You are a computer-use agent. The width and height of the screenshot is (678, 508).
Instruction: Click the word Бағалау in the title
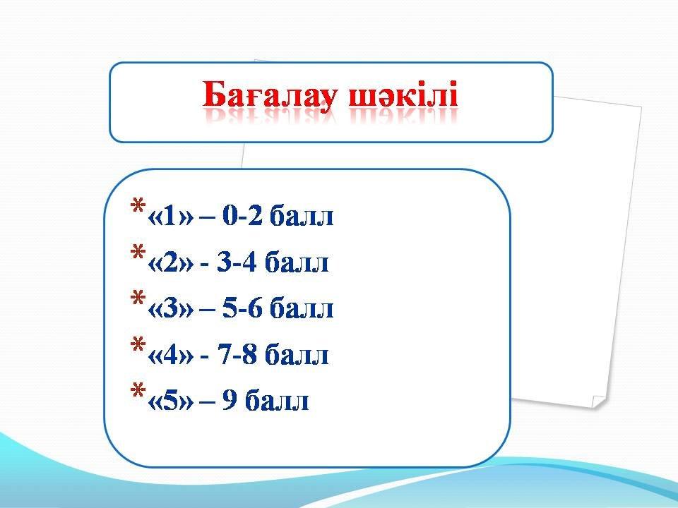coord(268,95)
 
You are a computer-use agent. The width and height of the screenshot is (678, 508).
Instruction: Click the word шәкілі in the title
coord(403,94)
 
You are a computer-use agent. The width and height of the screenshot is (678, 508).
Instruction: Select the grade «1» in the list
coord(170,216)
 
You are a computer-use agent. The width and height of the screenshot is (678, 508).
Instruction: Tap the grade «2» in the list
coord(170,262)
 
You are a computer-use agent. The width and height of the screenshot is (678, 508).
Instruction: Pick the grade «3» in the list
coord(170,308)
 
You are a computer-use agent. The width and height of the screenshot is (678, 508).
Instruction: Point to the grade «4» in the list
coord(170,355)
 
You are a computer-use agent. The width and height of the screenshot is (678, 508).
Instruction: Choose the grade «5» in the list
coord(170,401)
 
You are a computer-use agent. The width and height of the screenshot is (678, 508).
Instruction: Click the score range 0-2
coord(242,216)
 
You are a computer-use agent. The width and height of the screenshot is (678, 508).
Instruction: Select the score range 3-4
coord(237,262)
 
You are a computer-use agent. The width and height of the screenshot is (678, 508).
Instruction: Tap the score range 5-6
coord(242,308)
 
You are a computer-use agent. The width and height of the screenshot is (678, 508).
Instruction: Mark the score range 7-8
coord(237,355)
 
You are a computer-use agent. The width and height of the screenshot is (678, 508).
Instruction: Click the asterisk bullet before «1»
coord(138,205)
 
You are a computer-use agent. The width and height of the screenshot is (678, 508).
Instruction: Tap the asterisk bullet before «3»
coord(138,298)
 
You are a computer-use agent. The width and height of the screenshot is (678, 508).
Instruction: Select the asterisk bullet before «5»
coord(138,390)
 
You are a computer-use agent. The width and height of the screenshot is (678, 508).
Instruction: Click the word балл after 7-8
coord(297,355)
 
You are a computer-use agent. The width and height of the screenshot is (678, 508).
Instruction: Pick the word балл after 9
coord(277,401)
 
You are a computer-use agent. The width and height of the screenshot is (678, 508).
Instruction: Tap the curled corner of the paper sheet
coord(599,401)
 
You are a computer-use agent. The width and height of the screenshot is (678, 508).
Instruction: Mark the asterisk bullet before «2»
coord(138,252)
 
